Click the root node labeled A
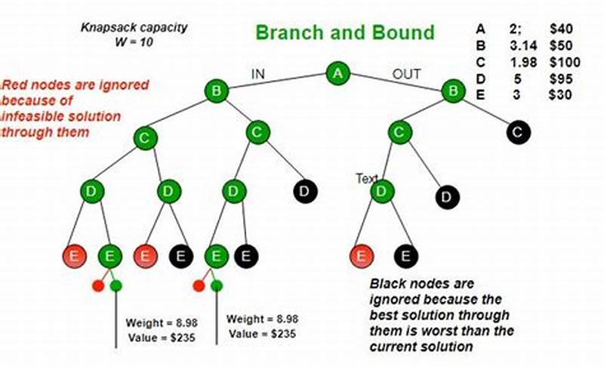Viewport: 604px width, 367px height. point(338,73)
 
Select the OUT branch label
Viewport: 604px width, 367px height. point(406,74)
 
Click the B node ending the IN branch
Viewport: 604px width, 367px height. point(216,92)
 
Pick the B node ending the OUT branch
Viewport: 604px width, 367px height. point(454,91)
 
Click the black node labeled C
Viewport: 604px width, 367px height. point(519,133)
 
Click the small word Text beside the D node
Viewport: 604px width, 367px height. point(368,179)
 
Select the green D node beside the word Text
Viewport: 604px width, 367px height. point(383,192)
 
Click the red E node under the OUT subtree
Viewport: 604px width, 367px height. point(362,256)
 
